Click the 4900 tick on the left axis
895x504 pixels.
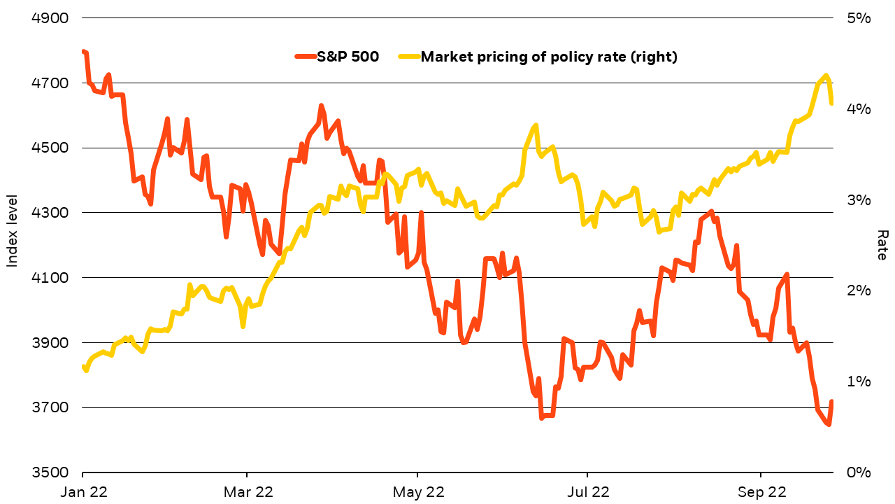point(51,18)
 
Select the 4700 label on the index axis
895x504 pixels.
point(51,83)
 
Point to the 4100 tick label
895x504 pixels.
point(51,278)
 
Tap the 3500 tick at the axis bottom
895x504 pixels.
point(51,472)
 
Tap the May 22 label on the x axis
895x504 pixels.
point(417,492)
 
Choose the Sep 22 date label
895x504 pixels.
point(760,492)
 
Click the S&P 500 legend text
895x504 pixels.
point(348,57)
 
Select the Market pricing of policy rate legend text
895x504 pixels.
point(549,57)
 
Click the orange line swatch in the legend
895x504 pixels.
point(305,57)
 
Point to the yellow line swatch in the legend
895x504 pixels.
point(408,57)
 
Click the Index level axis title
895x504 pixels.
point(12,242)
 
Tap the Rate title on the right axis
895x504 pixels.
point(882,245)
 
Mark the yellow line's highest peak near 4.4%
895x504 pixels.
point(826,76)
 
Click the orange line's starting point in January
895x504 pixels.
point(83,51)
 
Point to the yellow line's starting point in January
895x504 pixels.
point(83,366)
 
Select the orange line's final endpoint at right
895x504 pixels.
point(831,402)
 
